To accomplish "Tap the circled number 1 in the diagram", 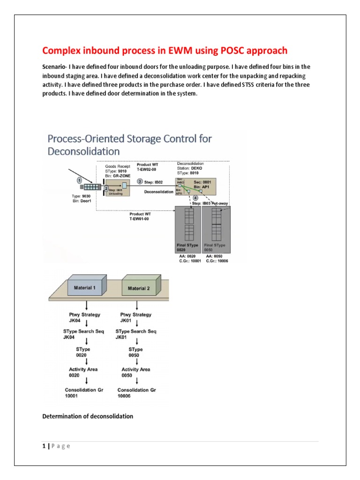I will pos(79,180).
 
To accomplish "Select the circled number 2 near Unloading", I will pos(106,188).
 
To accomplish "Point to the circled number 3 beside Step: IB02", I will pos(140,181).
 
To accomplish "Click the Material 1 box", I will pos(85,287).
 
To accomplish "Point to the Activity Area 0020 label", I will pos(83,372).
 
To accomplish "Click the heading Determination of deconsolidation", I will pos(88,416).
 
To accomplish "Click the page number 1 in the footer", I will pos(44,446).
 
